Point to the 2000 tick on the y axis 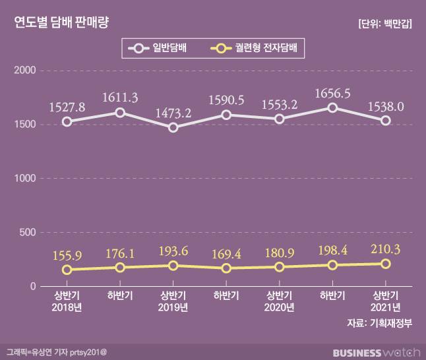(25, 71)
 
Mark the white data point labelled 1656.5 (332, 107)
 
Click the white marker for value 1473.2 (173, 127)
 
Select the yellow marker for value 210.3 (386, 264)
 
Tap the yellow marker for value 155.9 (67, 270)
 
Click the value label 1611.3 (120, 98)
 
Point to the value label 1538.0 (386, 105)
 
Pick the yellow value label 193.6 (173, 251)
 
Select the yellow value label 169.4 (226, 253)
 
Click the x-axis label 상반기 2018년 (67, 301)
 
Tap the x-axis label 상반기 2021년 (386, 301)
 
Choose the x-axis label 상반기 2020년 (280, 301)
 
